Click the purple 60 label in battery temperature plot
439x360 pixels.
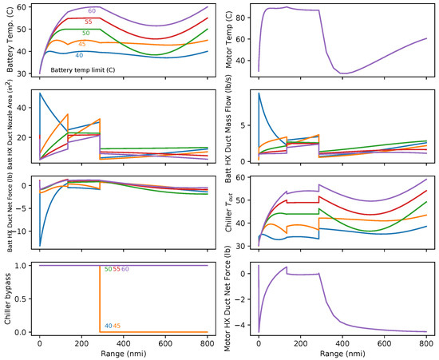pos(93,11)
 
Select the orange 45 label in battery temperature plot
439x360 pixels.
pos(83,44)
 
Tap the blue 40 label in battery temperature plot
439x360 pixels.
pos(78,56)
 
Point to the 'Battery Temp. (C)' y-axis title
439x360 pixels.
pos(8,40)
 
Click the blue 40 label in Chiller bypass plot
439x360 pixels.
pos(107,326)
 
